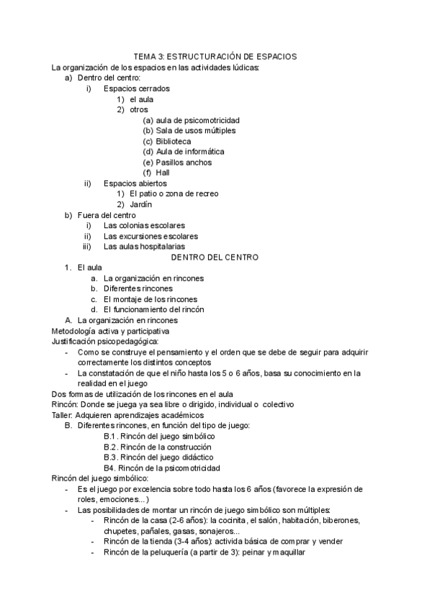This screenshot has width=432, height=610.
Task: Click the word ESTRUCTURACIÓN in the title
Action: (x=213, y=56)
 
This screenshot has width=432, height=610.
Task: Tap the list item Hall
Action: (x=163, y=173)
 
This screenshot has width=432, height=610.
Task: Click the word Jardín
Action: (x=140, y=204)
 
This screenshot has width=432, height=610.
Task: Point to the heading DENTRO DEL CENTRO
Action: (x=215, y=257)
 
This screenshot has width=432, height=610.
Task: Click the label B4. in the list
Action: (x=110, y=468)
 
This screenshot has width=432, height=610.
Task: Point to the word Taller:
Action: (x=63, y=415)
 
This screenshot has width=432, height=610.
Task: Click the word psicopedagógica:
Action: (x=122, y=341)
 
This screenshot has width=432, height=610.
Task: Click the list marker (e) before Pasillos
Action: (x=148, y=163)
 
